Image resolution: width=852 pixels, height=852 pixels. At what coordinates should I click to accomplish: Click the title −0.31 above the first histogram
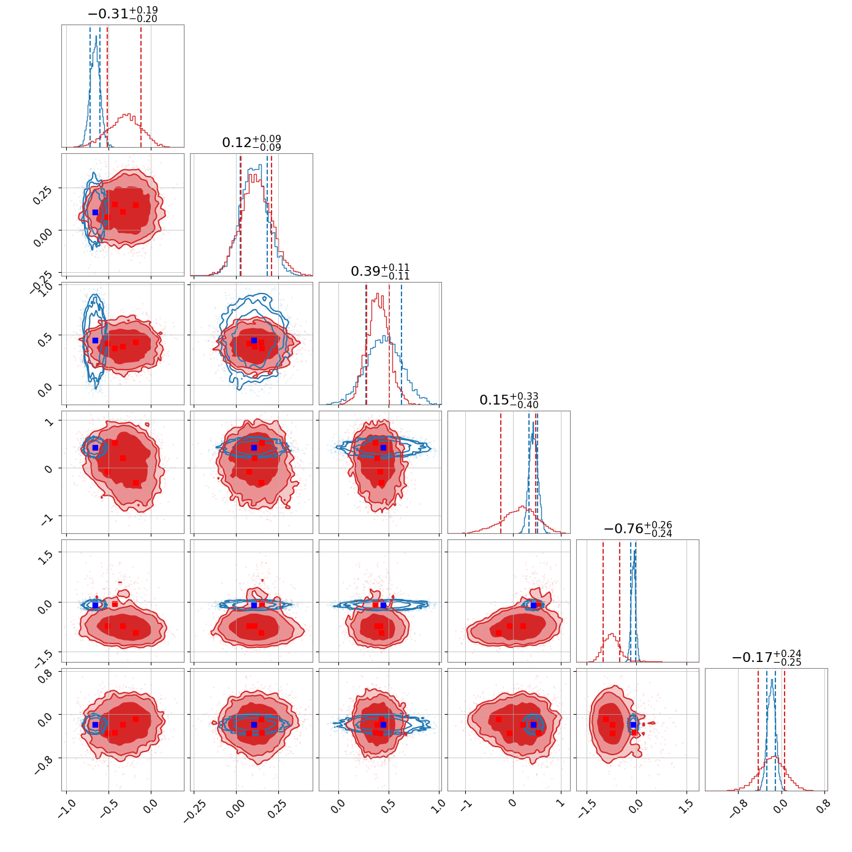tap(123, 13)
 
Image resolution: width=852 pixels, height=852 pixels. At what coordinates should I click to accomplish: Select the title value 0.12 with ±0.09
tap(251, 143)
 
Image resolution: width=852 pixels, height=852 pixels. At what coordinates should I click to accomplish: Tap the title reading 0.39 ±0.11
tap(380, 272)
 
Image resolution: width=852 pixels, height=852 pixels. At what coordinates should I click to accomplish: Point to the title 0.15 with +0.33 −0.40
tap(509, 400)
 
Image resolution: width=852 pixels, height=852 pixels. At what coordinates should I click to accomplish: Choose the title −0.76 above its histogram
tap(637, 529)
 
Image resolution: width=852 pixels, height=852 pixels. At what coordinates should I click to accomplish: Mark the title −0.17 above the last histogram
tap(766, 658)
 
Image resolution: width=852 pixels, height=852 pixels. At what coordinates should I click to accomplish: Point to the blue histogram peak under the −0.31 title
tap(96, 36)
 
